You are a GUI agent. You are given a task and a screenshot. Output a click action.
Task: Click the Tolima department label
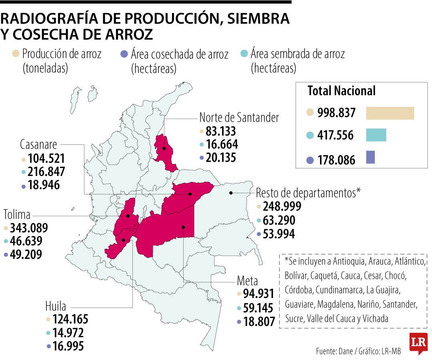[x=17, y=214]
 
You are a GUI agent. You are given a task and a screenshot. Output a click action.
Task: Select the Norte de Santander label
[x=239, y=118]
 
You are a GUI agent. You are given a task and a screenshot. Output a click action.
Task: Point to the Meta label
[x=247, y=280]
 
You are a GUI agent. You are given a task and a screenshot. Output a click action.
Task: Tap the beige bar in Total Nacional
[x=390, y=113]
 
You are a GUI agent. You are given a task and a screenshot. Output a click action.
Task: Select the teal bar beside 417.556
[x=376, y=135]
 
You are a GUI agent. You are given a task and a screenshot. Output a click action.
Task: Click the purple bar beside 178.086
[x=370, y=157]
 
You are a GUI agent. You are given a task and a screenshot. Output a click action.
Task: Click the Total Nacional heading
[x=341, y=91]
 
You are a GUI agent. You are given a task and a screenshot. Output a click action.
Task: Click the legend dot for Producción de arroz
[x=16, y=54]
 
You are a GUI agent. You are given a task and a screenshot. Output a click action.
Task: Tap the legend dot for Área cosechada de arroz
[x=124, y=54]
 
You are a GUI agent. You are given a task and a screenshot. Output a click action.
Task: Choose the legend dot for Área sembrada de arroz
[x=244, y=54]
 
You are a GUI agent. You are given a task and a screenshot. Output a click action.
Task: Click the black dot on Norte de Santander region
[x=164, y=148]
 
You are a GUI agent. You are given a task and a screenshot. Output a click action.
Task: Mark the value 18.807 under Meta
[x=259, y=322]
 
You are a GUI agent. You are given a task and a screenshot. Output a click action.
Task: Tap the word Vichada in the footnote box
[x=373, y=319]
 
